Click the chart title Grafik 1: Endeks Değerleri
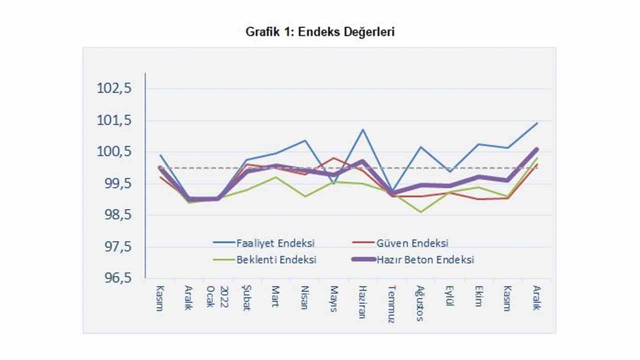pos(320,32)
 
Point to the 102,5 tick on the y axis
pos(114,88)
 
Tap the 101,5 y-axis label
pos(114,120)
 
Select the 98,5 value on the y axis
pos(114,215)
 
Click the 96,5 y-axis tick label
pos(114,278)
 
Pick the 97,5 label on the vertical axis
pos(114,247)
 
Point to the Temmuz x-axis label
pos(391,303)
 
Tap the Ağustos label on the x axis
pos(420,303)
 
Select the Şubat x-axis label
pos(245,298)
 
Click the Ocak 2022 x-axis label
pos(217,296)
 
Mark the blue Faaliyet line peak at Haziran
pos(362,129)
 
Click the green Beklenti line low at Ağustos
pos(420,212)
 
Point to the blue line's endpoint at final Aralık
pos(537,122)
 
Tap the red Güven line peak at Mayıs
pos(333,158)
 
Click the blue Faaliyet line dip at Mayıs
pos(333,183)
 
